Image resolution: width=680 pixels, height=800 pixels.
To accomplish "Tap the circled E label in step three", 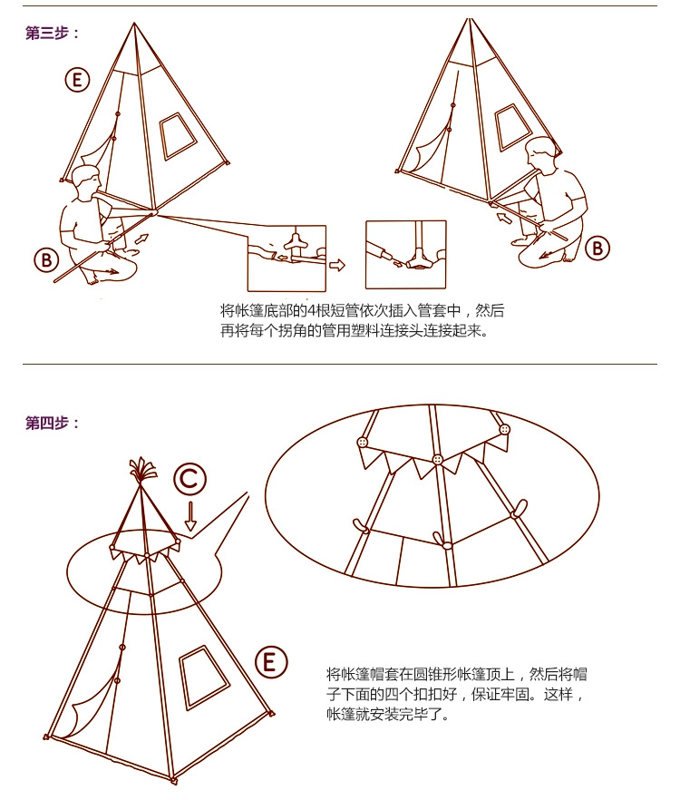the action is pos(77,80).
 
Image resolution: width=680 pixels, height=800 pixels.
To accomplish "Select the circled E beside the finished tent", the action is pos(271,662).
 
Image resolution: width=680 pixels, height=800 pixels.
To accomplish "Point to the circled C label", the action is pos(189,480).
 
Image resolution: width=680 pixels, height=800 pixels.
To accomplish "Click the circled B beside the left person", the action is pos(47,259).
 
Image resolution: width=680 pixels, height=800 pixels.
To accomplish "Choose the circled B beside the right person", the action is pos(597,249).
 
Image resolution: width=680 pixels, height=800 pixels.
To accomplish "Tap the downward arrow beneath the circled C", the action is pos(190,516).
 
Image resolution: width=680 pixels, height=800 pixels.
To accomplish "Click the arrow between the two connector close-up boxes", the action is pos(337,265).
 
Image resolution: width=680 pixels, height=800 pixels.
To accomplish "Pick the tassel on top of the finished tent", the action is pos(141,471).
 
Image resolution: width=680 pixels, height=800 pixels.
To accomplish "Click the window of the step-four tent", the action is pos(204,677).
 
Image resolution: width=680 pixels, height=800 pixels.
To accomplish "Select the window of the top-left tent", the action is pos(178,136).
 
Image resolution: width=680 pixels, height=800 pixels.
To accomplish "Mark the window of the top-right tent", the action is pos(513,127).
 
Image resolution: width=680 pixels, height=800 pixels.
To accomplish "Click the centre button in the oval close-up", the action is pos(437,460).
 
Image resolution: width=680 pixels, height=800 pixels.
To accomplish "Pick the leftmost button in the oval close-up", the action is pos(363,442).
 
